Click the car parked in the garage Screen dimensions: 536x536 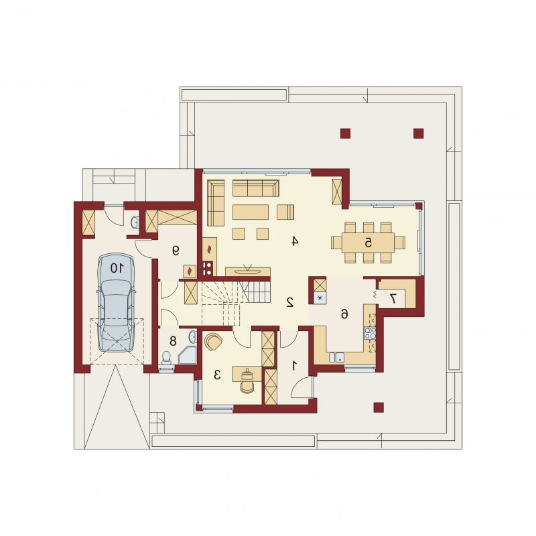click(x=115, y=302)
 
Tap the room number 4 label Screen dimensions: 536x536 click(x=295, y=241)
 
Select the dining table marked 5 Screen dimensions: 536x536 click(x=368, y=243)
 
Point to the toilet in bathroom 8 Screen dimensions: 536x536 click(x=166, y=358)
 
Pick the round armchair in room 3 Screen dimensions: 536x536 click(x=213, y=342)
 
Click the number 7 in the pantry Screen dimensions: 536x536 click(x=393, y=298)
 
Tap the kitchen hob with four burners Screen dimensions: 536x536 click(x=370, y=333)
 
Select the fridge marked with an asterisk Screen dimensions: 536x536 click(x=320, y=297)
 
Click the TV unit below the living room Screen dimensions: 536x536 click(x=248, y=271)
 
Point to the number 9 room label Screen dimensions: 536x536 click(x=176, y=251)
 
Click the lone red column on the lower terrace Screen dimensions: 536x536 click(x=379, y=407)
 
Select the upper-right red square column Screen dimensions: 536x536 click(x=418, y=133)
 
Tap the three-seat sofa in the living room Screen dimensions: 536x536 click(x=256, y=188)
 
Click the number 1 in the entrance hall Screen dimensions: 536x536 click(x=293, y=366)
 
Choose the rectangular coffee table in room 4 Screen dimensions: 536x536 click(x=250, y=212)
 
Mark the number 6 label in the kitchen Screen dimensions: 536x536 click(x=344, y=314)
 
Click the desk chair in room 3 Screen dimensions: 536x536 click(x=247, y=387)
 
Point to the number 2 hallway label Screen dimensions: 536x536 click(x=290, y=302)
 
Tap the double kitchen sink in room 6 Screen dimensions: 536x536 click(x=336, y=357)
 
